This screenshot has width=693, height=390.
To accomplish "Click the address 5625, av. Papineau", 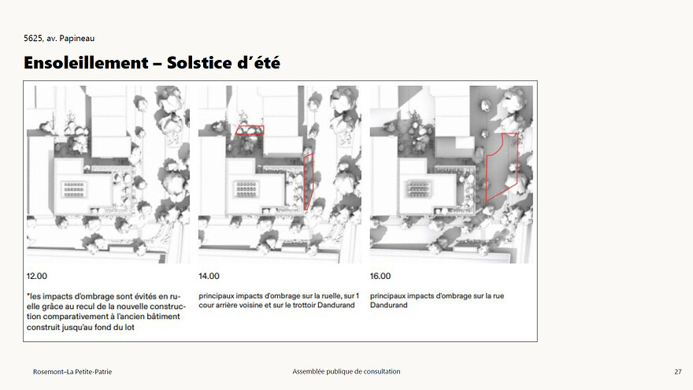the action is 59,39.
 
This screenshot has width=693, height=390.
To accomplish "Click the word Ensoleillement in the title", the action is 86,63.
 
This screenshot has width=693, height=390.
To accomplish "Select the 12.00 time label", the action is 37,276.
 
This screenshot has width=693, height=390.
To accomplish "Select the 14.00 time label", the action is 209,276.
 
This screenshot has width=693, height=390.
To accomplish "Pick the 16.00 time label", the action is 380,276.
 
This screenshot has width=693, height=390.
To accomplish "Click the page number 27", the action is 678,372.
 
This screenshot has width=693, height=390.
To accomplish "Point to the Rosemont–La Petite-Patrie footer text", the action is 72,372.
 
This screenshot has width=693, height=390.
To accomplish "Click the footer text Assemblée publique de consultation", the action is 346,371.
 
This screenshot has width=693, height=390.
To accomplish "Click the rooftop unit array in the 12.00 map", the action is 74,189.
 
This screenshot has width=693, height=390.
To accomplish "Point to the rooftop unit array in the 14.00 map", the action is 246,189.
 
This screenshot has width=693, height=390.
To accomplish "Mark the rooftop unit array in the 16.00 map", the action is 418,189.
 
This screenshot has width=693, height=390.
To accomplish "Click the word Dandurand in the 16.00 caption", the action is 389,305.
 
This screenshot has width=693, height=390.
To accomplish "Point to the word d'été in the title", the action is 258,63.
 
